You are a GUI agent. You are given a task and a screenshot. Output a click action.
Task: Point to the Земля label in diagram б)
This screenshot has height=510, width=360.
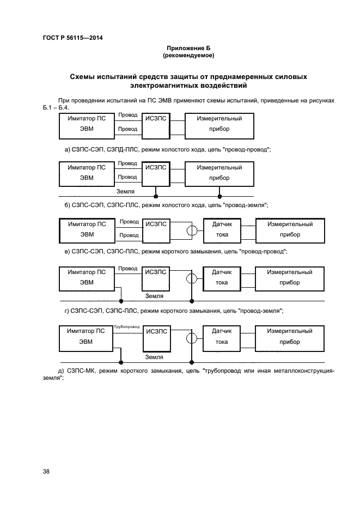click(125, 192)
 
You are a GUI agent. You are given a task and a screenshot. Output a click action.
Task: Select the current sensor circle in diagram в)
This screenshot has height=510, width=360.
click(191, 230)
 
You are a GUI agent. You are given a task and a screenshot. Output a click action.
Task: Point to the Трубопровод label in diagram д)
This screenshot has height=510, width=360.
click(127, 327)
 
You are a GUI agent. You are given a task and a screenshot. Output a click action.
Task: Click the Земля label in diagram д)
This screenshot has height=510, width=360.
click(155, 357)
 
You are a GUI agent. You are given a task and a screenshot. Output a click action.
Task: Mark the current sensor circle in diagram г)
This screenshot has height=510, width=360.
click(191, 278)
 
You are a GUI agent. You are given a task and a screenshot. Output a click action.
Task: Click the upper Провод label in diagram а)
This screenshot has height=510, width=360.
click(127, 116)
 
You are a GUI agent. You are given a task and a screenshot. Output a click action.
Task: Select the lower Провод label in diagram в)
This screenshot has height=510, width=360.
click(129, 235)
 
